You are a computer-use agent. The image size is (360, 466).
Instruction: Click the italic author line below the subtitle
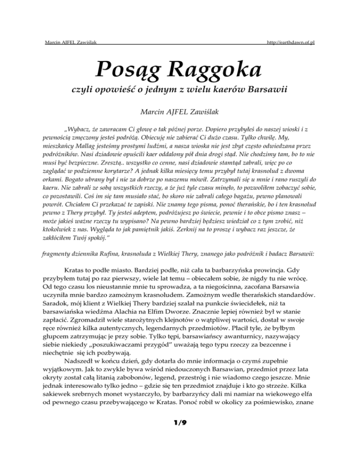click(x=180, y=112)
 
